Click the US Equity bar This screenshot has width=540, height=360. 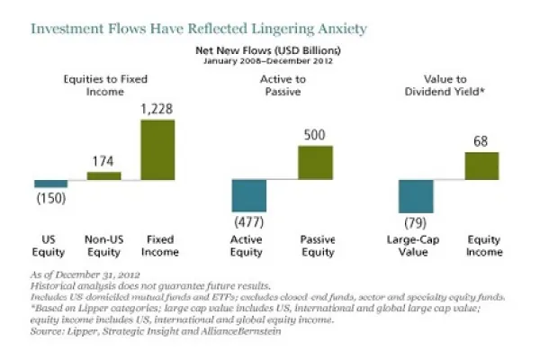pyautogui.click(x=58, y=184)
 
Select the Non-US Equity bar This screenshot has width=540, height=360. pyautogui.click(x=103, y=176)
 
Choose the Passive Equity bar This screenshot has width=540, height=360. pyautogui.click(x=315, y=163)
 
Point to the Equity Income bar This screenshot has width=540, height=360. pyautogui.click(x=481, y=166)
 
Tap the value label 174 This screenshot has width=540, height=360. pyautogui.click(x=103, y=162)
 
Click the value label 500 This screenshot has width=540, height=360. pyautogui.click(x=315, y=135)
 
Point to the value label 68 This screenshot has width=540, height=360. pyautogui.click(x=481, y=141)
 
